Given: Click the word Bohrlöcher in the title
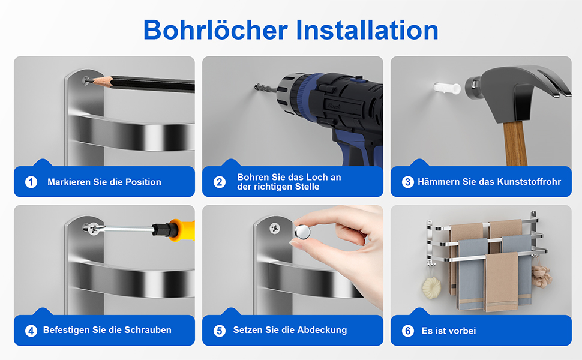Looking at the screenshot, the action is click(215, 29).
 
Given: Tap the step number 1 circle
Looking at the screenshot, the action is click(31, 182).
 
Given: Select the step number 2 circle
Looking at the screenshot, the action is click(220, 182).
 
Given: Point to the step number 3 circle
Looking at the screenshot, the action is click(407, 182).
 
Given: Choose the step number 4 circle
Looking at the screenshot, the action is click(31, 331).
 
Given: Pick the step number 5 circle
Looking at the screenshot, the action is click(220, 331).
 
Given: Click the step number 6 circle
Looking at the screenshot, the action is click(407, 331).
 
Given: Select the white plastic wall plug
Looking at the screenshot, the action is click(447, 88).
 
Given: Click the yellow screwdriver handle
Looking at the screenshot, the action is click(182, 230).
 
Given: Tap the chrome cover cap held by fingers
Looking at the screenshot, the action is click(302, 232).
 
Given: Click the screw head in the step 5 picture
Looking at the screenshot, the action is click(275, 228).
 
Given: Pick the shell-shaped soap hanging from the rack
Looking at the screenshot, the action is click(431, 287).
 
